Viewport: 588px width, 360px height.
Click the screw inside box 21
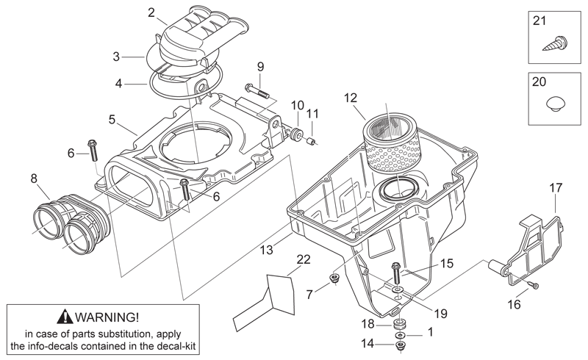click(x=555, y=43)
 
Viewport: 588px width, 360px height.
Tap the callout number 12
click(x=351, y=98)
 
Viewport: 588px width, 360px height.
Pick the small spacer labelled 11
click(x=312, y=142)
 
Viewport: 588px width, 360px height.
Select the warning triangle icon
click(x=65, y=317)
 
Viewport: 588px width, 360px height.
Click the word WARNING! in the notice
click(x=107, y=317)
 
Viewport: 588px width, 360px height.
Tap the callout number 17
click(x=556, y=187)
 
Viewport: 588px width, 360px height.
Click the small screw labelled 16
click(x=534, y=285)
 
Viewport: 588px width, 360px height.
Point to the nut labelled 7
click(x=334, y=278)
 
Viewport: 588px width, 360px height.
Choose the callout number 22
click(x=304, y=259)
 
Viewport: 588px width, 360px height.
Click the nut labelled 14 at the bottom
click(x=401, y=346)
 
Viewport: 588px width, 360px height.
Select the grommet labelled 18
click(x=401, y=323)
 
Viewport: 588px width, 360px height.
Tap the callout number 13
click(x=267, y=250)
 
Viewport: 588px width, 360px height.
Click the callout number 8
click(x=34, y=179)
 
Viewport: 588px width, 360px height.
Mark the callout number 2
click(x=151, y=12)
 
